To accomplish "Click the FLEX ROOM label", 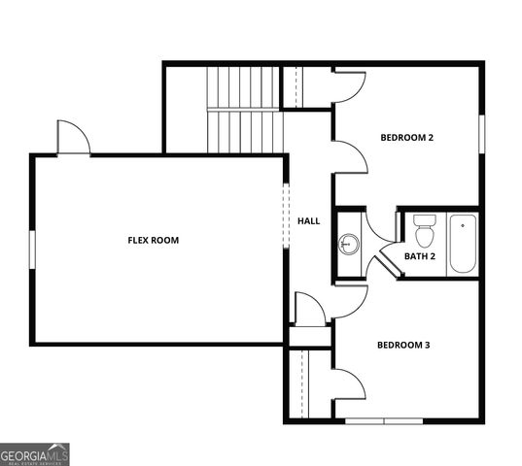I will click(153, 240).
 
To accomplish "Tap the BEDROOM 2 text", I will click(405, 138).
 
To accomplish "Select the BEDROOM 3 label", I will click(402, 345).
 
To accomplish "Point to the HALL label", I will click(308, 221).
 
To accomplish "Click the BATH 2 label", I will click(419, 256).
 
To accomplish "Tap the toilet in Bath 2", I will click(424, 231).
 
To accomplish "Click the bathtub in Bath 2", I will click(463, 243).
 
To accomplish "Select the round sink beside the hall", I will click(349, 244).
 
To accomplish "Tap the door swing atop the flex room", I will click(72, 138).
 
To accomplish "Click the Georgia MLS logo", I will click(35, 454).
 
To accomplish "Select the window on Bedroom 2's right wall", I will click(481, 133).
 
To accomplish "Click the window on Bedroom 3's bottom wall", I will click(384, 420).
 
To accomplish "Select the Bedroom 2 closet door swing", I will click(348, 85).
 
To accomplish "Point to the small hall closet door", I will click(309, 310).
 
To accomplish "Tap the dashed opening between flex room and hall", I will click(286, 216).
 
